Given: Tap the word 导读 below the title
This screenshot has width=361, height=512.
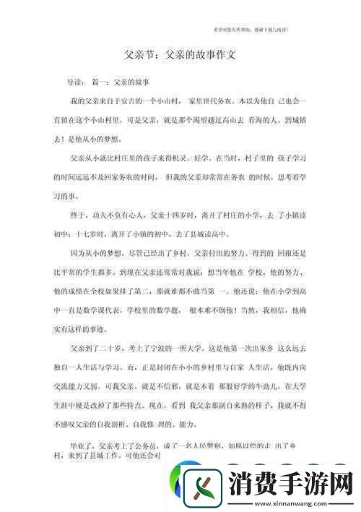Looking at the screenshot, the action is (75, 82).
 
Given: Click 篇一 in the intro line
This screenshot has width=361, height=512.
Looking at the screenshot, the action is (102, 82).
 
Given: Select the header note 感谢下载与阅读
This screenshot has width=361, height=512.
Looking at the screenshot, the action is (271, 29).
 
